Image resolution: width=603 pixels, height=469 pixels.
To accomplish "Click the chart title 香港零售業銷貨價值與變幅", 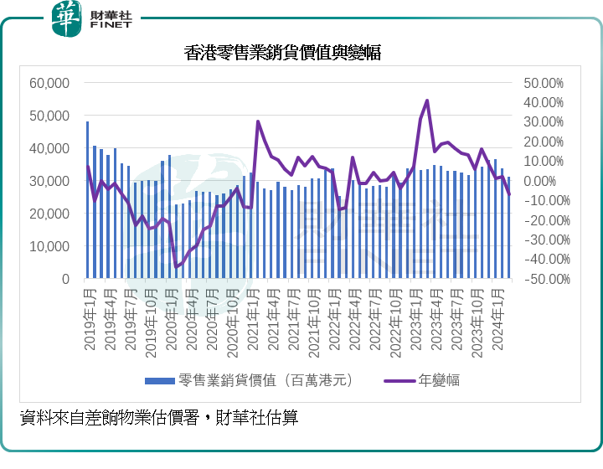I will pos(283,53).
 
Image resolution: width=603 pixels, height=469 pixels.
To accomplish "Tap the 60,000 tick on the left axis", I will pos(49,83).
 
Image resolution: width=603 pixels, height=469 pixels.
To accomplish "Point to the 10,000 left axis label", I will pos(49,246).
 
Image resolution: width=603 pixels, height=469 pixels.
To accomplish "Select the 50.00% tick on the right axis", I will pos(544,83).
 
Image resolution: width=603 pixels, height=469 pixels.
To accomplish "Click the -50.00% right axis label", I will pos(543,279).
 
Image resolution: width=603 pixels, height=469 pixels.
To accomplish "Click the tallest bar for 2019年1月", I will pos(87,201).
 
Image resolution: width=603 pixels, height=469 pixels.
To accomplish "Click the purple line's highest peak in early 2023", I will pos(427,100).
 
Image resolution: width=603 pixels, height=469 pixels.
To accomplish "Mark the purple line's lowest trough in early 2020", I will pos(176,267).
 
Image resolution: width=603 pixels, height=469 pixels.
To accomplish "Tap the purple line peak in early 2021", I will pos(258,121).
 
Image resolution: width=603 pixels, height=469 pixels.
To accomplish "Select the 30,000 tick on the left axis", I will pos(49,181).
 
